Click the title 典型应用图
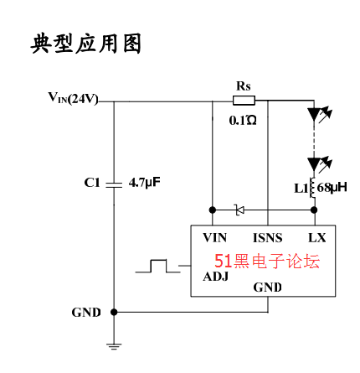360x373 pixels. tap(86, 44)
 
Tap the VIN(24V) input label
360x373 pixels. tap(73, 98)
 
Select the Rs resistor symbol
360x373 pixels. tap(244, 101)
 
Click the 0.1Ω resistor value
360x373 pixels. tap(243, 121)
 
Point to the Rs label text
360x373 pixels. tap(244, 86)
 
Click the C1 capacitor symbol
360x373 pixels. tap(114, 184)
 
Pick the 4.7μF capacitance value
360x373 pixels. tap(145, 183)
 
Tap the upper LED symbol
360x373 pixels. tap(318, 115)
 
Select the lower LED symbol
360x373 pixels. tap(318, 164)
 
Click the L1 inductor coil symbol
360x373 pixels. tap(312, 188)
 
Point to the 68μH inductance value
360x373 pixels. tap(332, 188)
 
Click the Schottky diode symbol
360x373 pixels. tap(239, 210)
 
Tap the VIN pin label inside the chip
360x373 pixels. tap(214, 238)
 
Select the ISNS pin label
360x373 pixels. tap(268, 238)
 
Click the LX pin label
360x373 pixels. tap(317, 238)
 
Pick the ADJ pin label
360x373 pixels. tap(216, 277)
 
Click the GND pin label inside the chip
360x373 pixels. tap(267, 288)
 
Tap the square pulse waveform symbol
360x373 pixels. tap(158, 266)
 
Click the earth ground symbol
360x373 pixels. tap(114, 346)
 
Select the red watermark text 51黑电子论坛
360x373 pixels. tap(267, 261)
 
